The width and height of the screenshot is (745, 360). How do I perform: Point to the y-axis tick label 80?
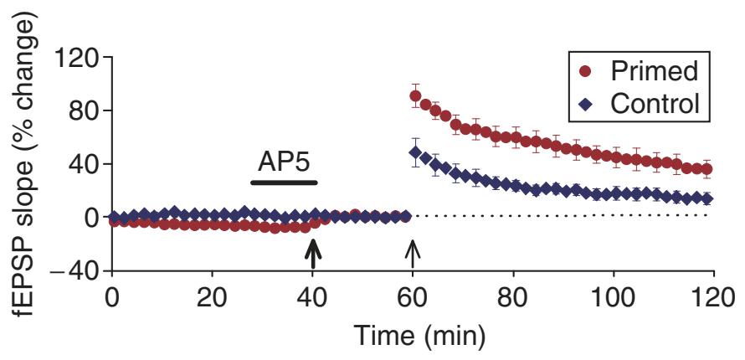(x=82, y=111)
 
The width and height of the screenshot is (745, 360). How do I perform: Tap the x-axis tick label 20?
(x=213, y=300)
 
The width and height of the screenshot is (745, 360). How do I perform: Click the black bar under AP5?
(x=285, y=182)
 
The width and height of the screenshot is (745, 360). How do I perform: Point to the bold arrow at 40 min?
(x=313, y=253)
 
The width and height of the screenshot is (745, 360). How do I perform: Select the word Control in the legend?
(x=655, y=105)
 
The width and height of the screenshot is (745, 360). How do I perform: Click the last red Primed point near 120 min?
(x=707, y=169)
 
